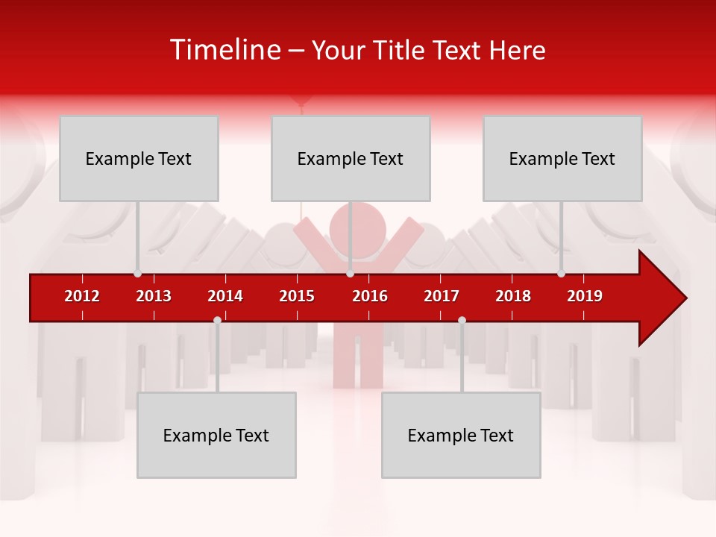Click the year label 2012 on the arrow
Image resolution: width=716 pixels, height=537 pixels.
click(x=82, y=296)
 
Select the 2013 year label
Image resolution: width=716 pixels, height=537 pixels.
click(x=154, y=296)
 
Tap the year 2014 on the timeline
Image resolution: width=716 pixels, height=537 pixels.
click(x=225, y=296)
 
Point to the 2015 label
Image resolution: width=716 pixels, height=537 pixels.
click(x=297, y=296)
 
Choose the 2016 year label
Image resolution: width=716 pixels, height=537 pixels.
click(x=370, y=296)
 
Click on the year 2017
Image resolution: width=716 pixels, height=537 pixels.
click(x=442, y=296)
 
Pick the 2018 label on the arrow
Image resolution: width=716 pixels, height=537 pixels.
click(x=513, y=296)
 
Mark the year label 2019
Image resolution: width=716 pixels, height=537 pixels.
click(x=585, y=296)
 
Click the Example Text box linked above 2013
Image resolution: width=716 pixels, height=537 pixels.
click(x=139, y=158)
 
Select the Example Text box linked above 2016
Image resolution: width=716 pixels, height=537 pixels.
click(x=351, y=158)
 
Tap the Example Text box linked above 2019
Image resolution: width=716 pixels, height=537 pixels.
click(x=562, y=158)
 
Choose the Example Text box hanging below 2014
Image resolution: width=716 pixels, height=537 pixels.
click(x=216, y=435)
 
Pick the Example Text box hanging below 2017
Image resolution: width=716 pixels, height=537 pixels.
click(x=461, y=435)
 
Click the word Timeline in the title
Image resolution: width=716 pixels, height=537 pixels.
click(x=224, y=50)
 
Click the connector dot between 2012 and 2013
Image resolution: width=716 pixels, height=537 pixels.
click(x=137, y=274)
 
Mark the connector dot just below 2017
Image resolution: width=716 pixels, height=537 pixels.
click(x=462, y=320)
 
